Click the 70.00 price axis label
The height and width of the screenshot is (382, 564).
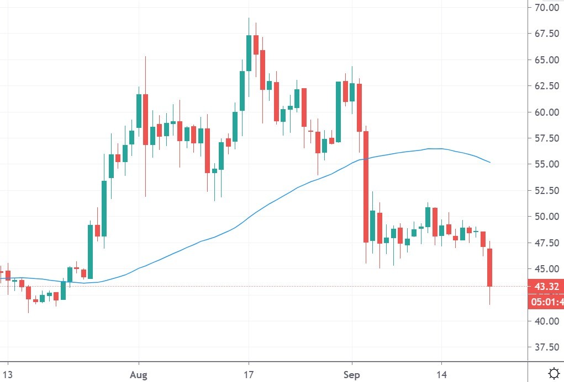(x=546, y=8)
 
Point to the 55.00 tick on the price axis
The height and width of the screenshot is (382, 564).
(x=546, y=164)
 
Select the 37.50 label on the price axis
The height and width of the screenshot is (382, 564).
(x=546, y=347)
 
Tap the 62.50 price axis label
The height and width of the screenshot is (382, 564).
(x=546, y=86)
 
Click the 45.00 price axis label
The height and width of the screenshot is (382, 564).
(x=546, y=269)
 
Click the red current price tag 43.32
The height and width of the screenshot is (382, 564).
(x=546, y=287)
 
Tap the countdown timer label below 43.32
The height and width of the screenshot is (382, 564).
(x=546, y=302)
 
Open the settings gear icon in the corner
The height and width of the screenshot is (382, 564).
(x=553, y=372)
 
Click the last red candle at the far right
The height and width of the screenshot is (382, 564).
(x=489, y=267)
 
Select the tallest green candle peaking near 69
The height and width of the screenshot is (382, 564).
(x=249, y=53)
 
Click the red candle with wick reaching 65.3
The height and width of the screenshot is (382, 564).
(x=145, y=119)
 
